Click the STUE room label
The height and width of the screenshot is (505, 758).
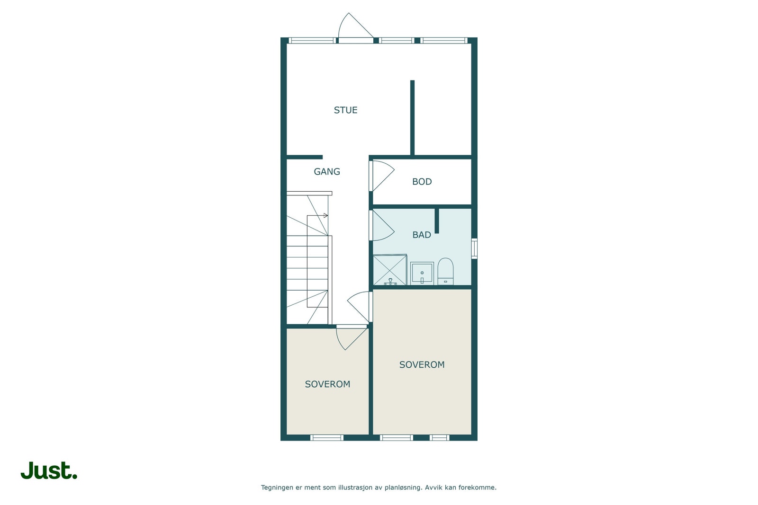click(345, 110)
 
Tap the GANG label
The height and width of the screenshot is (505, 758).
click(327, 172)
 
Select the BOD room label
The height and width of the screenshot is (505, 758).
click(422, 182)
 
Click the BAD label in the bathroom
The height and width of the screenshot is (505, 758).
click(422, 235)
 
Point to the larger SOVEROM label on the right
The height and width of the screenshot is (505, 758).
click(422, 365)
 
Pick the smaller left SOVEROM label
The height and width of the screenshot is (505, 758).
click(327, 384)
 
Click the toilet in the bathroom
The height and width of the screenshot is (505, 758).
click(445, 272)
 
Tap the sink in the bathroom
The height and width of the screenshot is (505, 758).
click(422, 274)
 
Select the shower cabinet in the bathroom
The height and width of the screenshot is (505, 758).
click(389, 270)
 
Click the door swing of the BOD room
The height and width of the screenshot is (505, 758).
click(382, 176)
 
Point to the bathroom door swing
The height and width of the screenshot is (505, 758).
click(382, 225)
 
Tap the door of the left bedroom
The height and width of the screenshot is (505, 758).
click(351, 337)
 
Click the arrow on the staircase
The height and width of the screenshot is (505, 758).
click(325, 216)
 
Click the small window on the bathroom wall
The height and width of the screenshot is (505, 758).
click(474, 248)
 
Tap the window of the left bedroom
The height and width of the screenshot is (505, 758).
click(327, 438)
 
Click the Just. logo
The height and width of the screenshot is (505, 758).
click(49, 470)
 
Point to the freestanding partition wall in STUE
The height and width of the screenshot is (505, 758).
click(412, 117)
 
